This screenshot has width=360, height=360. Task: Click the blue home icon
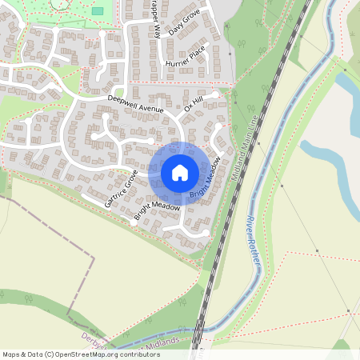(x=179, y=173)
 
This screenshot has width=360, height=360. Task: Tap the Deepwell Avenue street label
(x=135, y=103)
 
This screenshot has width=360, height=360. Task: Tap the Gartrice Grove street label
(x=122, y=189)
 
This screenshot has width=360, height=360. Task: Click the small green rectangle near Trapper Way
(x=98, y=11)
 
